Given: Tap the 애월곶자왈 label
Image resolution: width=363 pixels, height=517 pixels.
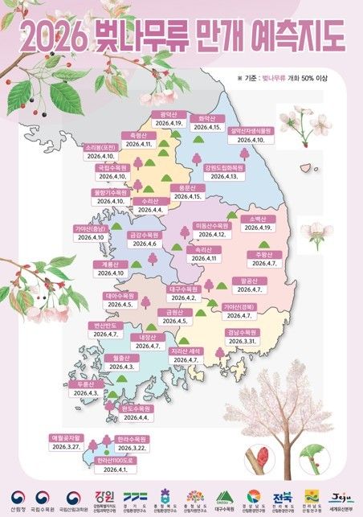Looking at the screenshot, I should [67, 437].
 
